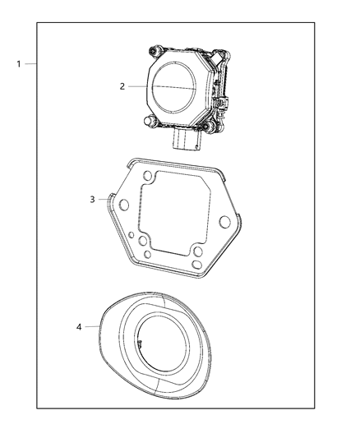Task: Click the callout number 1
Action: [18, 64]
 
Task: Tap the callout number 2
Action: [122, 85]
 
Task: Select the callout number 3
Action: [93, 199]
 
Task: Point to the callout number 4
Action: [79, 327]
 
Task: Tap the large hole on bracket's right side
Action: [223, 222]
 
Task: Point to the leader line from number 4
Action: [91, 327]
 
